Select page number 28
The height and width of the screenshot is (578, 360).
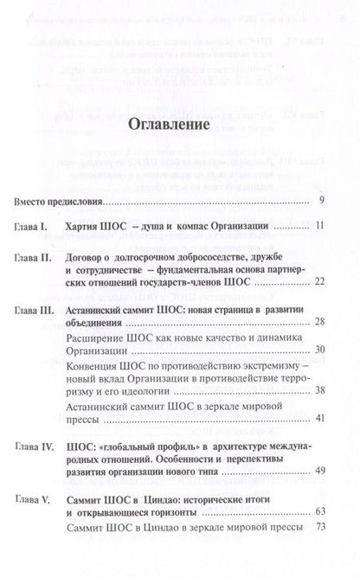coord(318,322)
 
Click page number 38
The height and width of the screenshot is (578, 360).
coord(318,390)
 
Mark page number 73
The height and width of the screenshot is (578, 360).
coord(318,551)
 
